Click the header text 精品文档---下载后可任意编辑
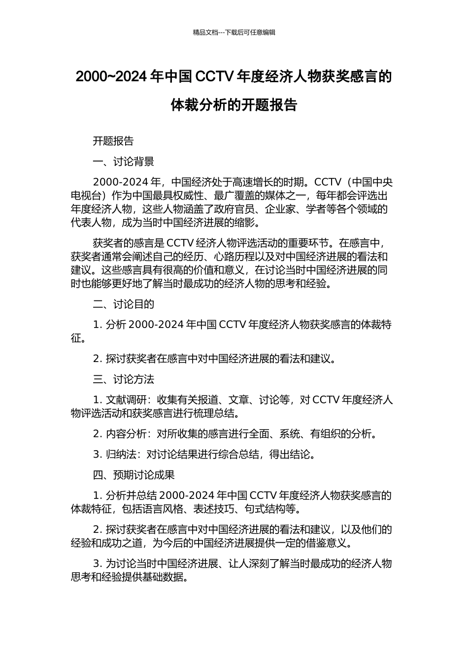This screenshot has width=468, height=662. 234,33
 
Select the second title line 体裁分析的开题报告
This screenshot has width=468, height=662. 234,105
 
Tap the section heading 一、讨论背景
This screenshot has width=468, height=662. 124,162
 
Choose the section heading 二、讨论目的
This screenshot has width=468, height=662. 124,304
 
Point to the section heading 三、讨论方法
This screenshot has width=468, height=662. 124,379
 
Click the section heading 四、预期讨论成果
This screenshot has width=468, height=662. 134,475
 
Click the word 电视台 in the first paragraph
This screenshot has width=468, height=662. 86,196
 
